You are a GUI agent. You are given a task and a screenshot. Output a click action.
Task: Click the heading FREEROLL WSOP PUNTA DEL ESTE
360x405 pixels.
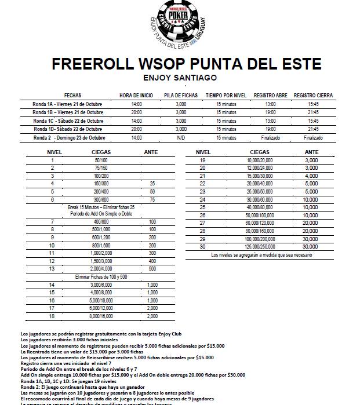(179, 63)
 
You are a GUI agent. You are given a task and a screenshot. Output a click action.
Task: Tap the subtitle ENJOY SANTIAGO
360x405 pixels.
(179, 77)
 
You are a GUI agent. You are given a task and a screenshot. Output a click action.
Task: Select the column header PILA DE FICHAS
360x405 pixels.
(181, 95)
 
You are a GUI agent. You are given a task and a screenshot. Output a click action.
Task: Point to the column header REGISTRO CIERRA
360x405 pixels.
(313, 95)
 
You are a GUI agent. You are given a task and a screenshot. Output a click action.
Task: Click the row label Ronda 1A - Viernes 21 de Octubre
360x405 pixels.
(67, 104)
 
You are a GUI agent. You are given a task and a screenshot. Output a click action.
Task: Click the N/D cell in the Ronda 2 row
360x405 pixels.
(181, 138)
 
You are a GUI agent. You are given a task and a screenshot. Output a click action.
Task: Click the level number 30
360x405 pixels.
(202, 246)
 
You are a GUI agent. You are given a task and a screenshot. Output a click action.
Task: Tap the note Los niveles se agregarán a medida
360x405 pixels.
(261, 255)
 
